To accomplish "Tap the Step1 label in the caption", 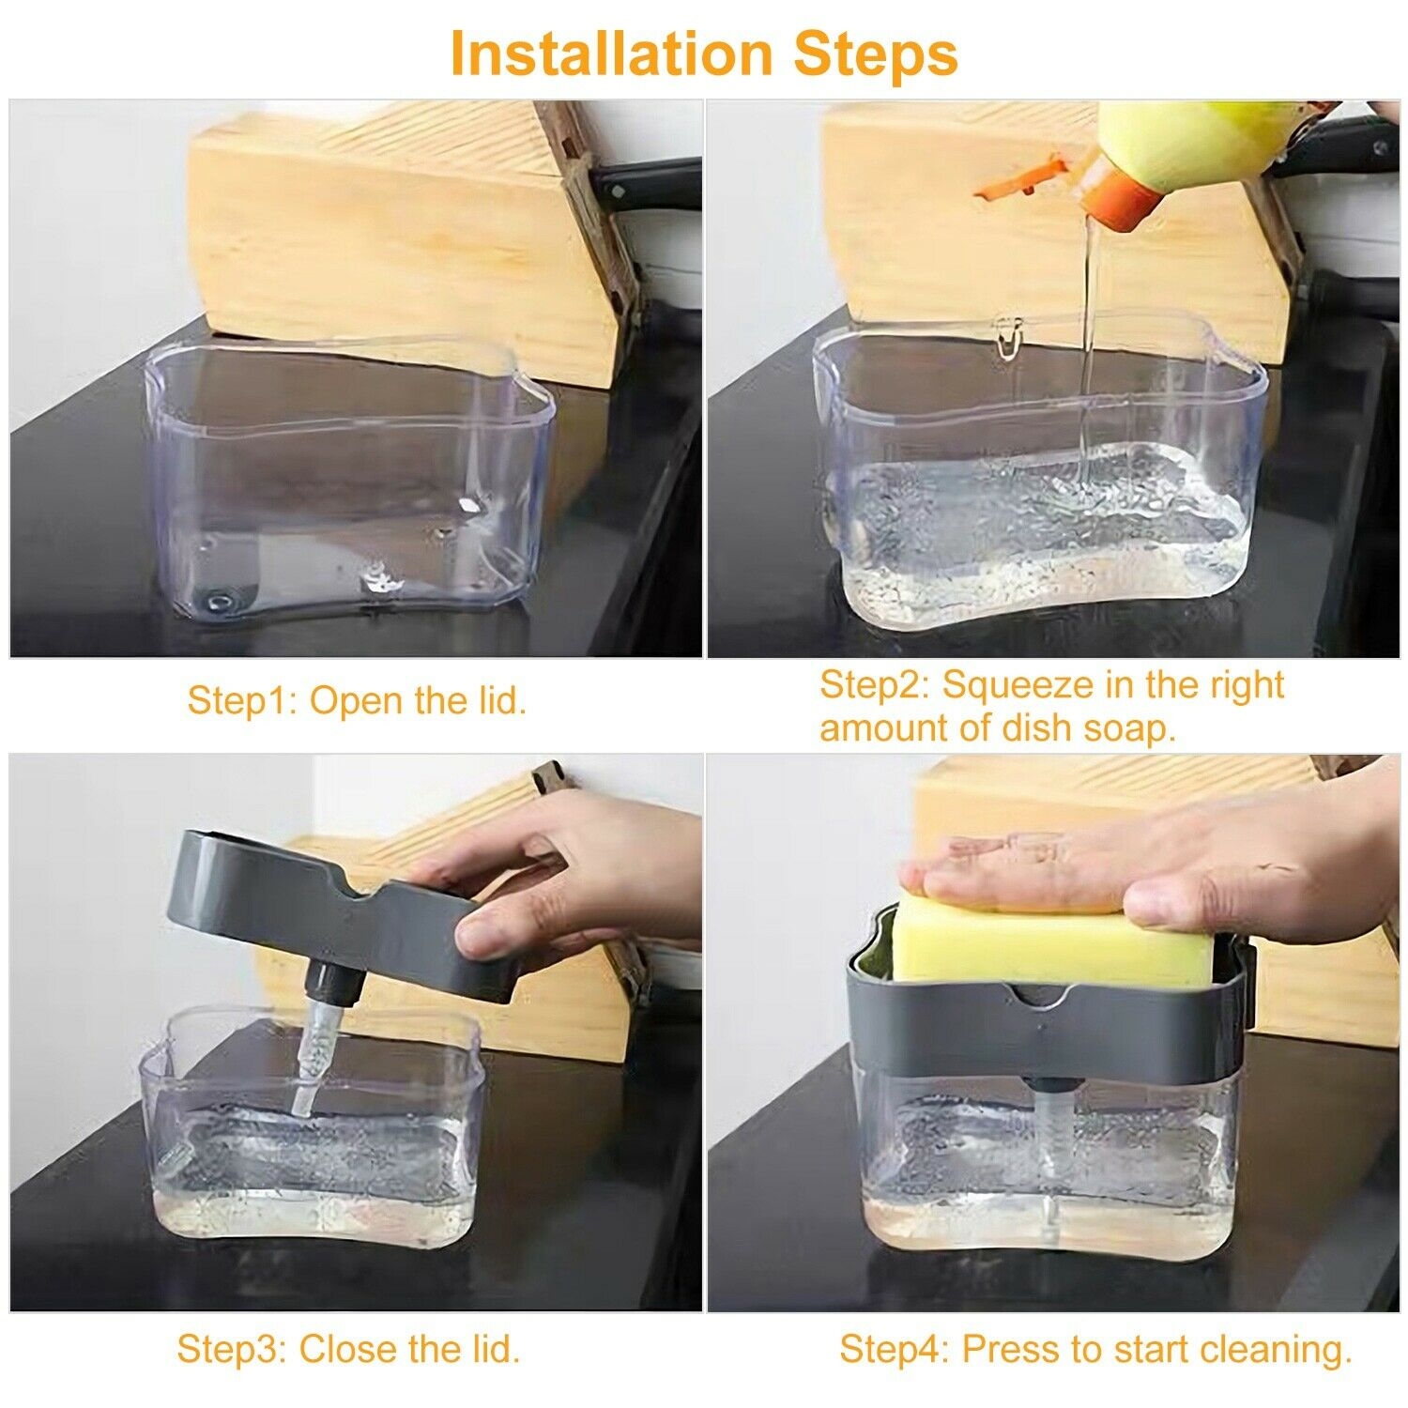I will pos(242,701).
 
